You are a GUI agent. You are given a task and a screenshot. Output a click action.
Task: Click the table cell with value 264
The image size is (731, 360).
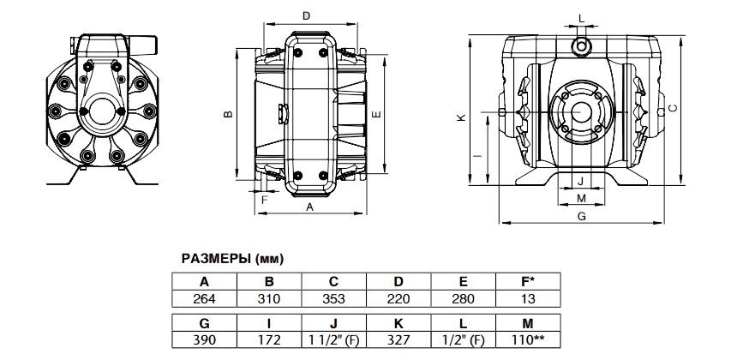point(204,298)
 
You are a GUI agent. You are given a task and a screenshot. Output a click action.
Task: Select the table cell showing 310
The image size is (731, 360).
point(269,298)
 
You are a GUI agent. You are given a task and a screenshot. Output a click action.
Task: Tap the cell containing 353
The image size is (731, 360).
point(334,298)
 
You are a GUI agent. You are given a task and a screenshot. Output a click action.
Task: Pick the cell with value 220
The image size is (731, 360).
point(398,298)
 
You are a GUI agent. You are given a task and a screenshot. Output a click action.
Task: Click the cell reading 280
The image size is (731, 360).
point(464,298)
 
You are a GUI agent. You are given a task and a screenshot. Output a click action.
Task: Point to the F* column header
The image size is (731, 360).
point(528,282)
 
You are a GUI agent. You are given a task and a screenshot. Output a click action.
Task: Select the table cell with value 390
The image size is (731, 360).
point(204,340)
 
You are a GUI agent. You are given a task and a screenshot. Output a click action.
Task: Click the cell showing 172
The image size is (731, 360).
point(269,340)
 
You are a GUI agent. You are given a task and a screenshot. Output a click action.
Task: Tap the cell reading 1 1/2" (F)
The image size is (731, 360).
point(334,340)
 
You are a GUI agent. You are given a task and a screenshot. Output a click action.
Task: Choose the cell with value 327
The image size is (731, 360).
point(398,340)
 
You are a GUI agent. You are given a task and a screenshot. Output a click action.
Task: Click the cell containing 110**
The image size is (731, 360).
point(528,340)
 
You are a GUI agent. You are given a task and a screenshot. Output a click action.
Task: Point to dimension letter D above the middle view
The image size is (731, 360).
point(306,15)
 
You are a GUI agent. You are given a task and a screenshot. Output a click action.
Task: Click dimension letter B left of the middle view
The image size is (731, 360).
point(225,113)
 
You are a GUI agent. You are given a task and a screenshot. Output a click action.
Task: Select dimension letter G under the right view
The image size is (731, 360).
point(581,217)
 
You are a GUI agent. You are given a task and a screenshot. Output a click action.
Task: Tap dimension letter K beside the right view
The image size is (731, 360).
point(461,118)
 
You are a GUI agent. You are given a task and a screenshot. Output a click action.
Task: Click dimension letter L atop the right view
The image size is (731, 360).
point(581,17)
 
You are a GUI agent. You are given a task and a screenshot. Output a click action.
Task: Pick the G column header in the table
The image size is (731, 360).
point(204,324)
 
